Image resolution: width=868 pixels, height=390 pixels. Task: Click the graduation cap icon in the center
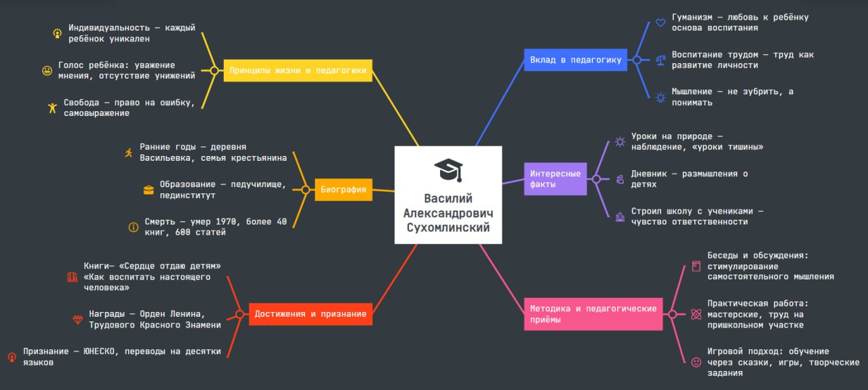click(448, 170)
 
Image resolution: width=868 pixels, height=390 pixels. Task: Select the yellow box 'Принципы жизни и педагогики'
click(298, 70)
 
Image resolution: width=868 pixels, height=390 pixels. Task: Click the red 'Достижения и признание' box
click(311, 314)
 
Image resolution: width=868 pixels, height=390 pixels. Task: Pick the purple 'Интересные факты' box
click(555, 179)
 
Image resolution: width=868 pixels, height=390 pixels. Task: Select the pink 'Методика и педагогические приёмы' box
click(593, 314)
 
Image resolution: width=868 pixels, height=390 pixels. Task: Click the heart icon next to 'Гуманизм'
click(660, 23)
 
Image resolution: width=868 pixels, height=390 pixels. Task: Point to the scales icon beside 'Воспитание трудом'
click(660, 60)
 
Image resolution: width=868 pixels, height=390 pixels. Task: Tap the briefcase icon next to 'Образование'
click(149, 190)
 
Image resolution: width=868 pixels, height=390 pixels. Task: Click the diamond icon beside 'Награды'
click(77, 319)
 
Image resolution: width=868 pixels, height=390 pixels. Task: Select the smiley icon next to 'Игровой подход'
click(696, 362)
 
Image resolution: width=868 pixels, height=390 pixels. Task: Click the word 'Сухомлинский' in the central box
click(448, 228)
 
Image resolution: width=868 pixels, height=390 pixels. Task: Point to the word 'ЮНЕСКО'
click(103, 351)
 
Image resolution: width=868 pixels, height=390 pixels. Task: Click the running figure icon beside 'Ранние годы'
click(129, 153)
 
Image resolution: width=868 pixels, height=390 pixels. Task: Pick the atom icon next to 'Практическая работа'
click(696, 314)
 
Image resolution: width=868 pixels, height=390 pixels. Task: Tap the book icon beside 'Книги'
click(73, 277)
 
